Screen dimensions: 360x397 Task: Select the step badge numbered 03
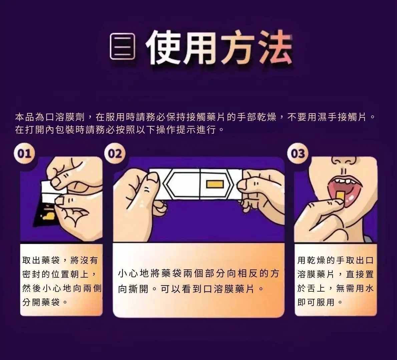[298, 154]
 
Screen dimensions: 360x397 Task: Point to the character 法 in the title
[274, 47]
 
